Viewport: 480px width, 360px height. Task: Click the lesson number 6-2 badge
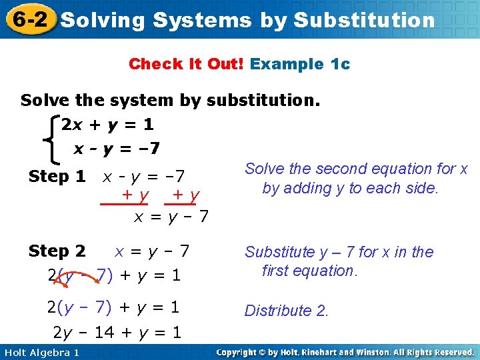[28, 19]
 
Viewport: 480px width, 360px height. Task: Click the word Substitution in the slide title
[364, 20]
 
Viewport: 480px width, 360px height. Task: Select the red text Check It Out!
[187, 64]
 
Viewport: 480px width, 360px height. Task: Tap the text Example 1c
[300, 64]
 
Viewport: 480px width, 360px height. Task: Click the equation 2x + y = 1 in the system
[107, 125]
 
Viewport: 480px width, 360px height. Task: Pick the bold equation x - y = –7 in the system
[117, 148]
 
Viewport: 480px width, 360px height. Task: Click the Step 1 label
[57, 177]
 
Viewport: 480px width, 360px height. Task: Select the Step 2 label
[57, 251]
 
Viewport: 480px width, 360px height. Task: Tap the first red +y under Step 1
[135, 195]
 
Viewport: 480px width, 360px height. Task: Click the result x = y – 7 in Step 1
[172, 217]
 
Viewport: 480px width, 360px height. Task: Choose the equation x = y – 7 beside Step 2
[152, 251]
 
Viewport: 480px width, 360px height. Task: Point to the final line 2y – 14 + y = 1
[117, 332]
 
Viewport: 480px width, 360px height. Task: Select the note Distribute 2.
[287, 311]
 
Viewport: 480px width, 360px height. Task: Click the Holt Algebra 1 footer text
[41, 352]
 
